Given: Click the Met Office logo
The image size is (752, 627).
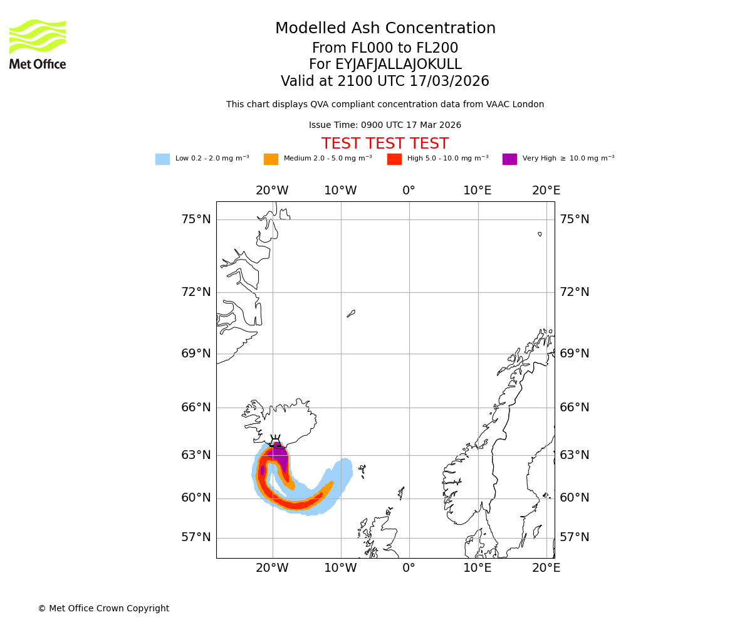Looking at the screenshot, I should (38, 44).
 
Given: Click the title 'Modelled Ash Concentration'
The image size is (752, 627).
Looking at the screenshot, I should (385, 29).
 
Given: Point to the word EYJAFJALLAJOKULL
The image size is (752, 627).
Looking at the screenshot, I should (385, 65).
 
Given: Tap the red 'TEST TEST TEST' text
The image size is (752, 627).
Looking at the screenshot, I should (385, 144).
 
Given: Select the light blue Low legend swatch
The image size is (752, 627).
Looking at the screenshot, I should (162, 159).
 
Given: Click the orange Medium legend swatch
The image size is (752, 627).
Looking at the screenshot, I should (271, 159).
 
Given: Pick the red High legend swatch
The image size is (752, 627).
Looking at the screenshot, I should (394, 159).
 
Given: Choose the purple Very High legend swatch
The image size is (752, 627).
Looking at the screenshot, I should (509, 159).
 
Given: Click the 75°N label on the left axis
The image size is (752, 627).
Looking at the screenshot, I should (196, 219).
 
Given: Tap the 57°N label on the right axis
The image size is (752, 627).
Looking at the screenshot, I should (575, 537).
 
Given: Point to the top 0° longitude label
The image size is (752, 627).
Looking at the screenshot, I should (409, 191).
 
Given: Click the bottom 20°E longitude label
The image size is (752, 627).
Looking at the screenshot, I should (546, 568).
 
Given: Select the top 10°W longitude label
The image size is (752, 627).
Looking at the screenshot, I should (340, 191).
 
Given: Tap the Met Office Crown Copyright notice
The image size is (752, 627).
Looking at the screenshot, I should (103, 609).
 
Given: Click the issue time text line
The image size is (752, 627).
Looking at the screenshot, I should (385, 125).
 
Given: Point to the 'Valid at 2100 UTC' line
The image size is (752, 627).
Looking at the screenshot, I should (385, 82).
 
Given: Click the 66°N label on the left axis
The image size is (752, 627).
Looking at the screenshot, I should (196, 408).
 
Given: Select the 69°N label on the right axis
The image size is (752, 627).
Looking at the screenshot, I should (575, 354).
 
